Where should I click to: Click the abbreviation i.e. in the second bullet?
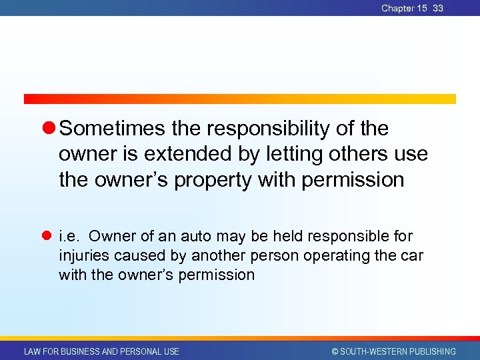click(x=69, y=236)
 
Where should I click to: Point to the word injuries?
click(x=83, y=255)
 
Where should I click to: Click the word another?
click(x=217, y=255)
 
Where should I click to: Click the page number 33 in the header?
click(x=437, y=8)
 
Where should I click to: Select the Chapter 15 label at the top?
click(x=404, y=8)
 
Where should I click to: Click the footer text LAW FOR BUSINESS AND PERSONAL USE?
click(x=101, y=351)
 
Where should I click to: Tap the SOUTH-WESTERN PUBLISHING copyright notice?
click(x=393, y=351)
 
